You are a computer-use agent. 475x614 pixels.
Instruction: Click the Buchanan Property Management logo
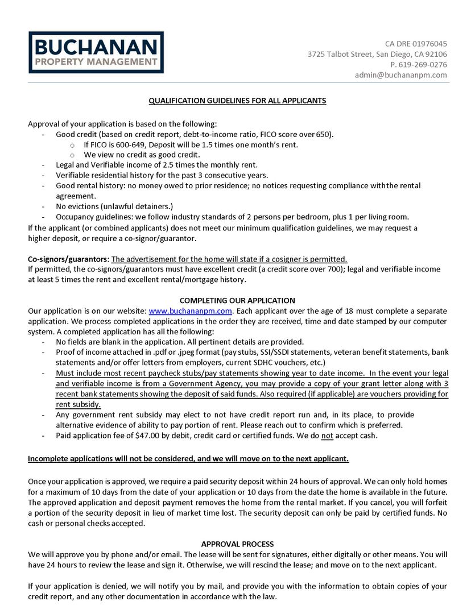(x=96, y=52)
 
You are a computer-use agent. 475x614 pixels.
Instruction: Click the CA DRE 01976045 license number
(x=416, y=44)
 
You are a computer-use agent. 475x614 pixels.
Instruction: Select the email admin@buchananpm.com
(x=400, y=75)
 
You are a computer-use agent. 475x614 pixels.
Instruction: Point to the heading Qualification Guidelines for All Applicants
(x=237, y=101)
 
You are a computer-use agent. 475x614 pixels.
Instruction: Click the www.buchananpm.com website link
(x=191, y=311)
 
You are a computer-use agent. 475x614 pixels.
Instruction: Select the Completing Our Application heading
(x=237, y=300)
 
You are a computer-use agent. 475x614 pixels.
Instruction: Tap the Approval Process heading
(x=237, y=544)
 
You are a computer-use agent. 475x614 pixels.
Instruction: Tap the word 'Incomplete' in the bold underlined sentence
(x=48, y=458)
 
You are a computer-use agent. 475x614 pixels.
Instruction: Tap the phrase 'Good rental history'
(x=90, y=186)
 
